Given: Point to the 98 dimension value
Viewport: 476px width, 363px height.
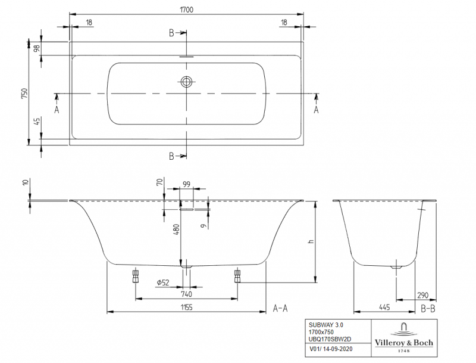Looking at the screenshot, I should pos(37,49).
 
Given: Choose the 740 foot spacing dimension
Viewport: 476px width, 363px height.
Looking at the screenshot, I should pos(186,294).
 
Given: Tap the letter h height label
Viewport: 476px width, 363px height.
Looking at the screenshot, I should pos(310,241).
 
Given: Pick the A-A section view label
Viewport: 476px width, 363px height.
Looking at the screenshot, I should pos(280,308).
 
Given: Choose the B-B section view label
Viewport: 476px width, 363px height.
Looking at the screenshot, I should pos(428,308).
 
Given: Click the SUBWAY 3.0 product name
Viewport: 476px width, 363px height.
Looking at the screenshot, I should pos(325,325).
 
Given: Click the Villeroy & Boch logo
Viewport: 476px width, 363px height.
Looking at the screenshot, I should pos(403,337).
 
